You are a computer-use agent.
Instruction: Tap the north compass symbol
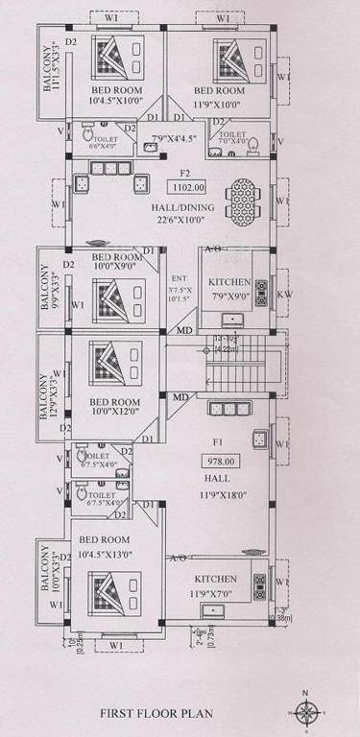coord(307,710)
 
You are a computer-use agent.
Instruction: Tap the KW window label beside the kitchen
coord(284,296)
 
